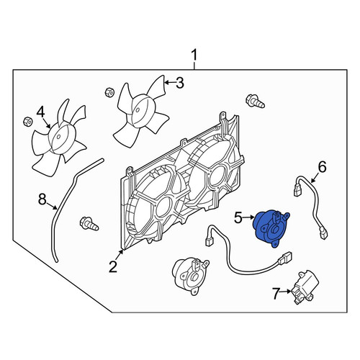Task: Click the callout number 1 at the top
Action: point(194,55)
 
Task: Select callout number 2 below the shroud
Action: point(113,267)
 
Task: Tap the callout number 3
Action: point(180,83)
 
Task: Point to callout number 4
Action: point(41,112)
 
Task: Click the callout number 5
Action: point(238,218)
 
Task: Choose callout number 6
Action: point(322,167)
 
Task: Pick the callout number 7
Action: point(276,293)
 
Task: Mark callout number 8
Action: point(42,199)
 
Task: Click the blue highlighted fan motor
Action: point(271,228)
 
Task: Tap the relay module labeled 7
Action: point(306,287)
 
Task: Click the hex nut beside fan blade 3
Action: point(109,92)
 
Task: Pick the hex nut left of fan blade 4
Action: point(27,121)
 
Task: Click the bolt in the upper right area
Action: point(255,102)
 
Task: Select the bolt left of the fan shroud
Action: point(89,224)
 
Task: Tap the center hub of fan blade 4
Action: point(61,138)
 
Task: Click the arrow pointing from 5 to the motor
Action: point(248,217)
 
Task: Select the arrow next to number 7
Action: point(287,292)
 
